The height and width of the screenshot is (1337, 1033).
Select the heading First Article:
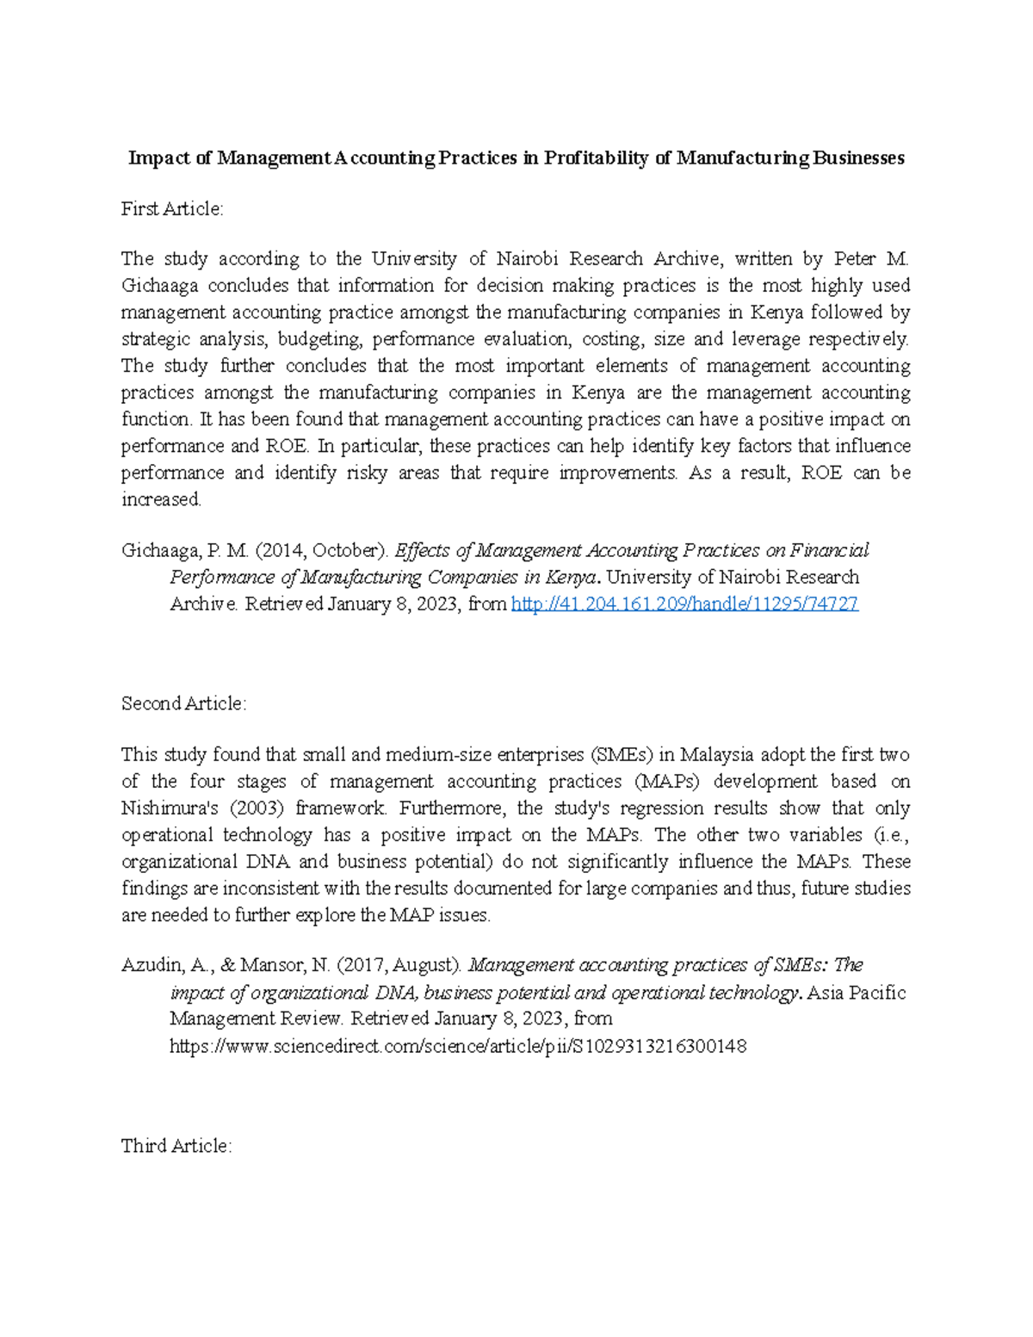coord(172,208)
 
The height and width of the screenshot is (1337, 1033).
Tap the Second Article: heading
coord(183,703)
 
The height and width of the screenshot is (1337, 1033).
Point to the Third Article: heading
coord(176,1146)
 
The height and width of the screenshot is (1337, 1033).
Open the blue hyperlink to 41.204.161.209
coord(684,604)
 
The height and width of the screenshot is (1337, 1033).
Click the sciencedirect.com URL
coord(458,1046)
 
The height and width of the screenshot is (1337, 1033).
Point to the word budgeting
coord(318,338)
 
